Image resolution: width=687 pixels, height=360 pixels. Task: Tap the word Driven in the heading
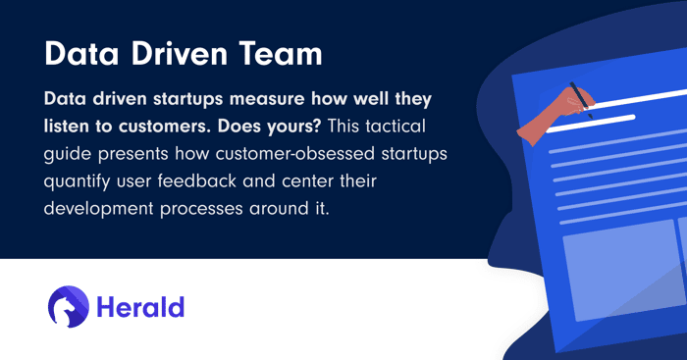point(180,54)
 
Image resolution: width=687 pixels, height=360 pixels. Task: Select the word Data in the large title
point(81,54)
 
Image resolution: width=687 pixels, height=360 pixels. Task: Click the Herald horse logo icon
point(69,307)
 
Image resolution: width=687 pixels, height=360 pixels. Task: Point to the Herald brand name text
point(140,307)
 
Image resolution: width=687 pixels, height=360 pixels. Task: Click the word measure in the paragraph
point(267,99)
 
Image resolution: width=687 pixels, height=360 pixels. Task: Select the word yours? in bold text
point(297,127)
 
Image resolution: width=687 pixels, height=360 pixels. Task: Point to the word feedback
point(197,180)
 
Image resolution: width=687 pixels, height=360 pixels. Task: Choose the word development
point(98,209)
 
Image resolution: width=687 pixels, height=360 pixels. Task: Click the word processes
point(201,210)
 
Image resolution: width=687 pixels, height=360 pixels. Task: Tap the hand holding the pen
point(555,116)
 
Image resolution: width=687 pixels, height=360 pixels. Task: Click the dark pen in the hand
point(581,100)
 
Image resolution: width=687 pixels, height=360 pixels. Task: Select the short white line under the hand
point(591,124)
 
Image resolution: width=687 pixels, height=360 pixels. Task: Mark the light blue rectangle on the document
point(623,271)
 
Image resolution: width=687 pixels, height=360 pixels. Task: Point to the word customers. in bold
point(165,127)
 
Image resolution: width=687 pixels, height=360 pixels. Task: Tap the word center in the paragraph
point(305,181)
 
